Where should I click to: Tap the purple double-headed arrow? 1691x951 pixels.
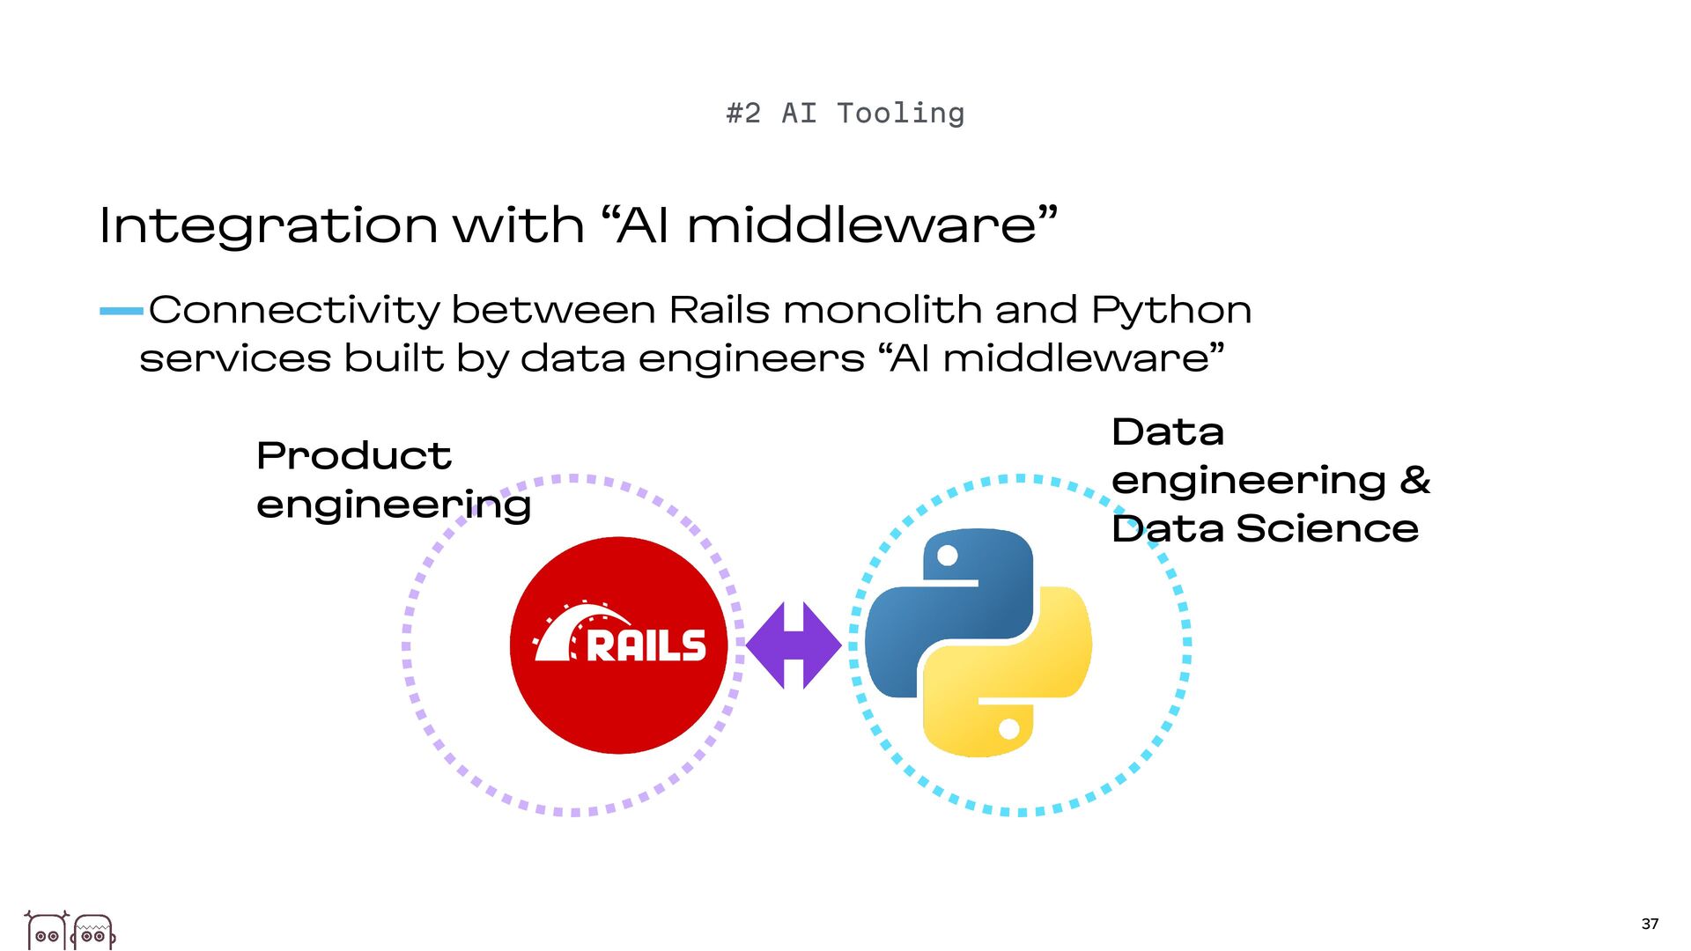click(x=793, y=645)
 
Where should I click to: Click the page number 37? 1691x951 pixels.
click(x=1650, y=924)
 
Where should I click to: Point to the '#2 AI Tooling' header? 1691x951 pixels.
click(x=845, y=114)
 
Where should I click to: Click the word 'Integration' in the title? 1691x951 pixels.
click(x=268, y=225)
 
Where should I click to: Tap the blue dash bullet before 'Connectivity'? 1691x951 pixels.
click(x=121, y=311)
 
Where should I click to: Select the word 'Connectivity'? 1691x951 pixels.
click(x=294, y=310)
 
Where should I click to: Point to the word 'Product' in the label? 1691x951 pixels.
click(x=353, y=456)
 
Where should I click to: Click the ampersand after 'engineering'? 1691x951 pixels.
click(x=1414, y=480)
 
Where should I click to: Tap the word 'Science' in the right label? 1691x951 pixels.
click(x=1326, y=528)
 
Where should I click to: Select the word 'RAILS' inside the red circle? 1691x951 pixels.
click(x=646, y=645)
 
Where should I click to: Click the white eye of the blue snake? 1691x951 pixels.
click(x=948, y=556)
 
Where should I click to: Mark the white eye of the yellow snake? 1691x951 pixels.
click(x=1009, y=729)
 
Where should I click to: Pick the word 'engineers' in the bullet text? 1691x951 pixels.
click(x=751, y=358)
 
